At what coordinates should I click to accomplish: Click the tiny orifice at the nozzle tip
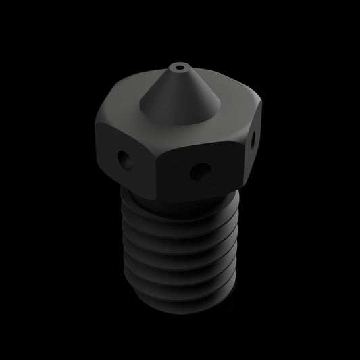[178, 68]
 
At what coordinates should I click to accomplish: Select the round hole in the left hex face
[124, 160]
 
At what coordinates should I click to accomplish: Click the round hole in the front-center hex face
[198, 171]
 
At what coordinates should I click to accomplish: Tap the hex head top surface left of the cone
[128, 108]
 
